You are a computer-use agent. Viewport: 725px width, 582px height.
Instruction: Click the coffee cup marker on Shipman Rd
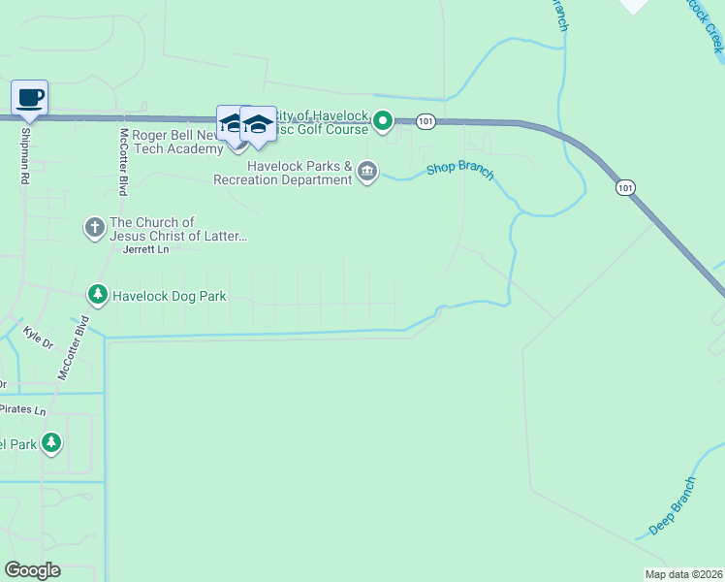[x=29, y=98]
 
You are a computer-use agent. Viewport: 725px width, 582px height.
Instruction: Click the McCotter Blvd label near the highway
[x=123, y=162]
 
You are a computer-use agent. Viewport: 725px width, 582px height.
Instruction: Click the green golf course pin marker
[x=383, y=121]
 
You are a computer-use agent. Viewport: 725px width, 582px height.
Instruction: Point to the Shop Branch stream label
[x=460, y=173]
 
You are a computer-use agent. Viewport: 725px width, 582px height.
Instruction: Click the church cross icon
[x=95, y=228]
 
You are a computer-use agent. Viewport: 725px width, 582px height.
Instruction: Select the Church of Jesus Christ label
[x=178, y=229]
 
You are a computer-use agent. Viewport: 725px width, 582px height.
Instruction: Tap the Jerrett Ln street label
[x=146, y=249]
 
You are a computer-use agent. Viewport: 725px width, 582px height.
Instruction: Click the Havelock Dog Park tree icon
[x=97, y=294]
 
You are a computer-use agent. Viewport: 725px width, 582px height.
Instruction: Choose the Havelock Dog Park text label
[x=170, y=296]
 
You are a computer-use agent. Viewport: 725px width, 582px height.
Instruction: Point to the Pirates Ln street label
[x=23, y=410]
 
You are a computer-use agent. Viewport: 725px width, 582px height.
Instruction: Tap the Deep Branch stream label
[x=672, y=505]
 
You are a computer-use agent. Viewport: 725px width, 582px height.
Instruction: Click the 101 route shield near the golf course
[x=426, y=121]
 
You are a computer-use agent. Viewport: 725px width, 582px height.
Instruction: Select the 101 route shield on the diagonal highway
[x=625, y=186]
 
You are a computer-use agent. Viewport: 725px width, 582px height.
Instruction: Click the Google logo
[x=32, y=569]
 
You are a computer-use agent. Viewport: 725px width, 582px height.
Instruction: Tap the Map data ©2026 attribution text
[x=683, y=574]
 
